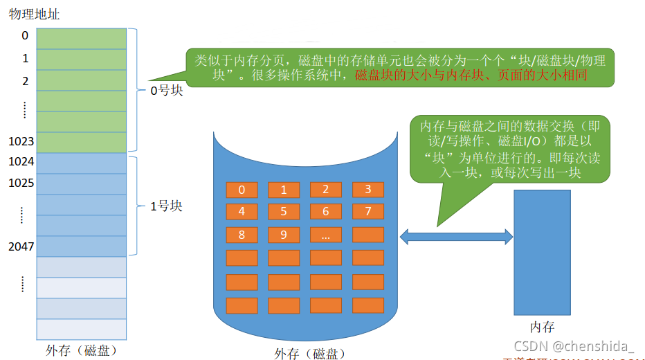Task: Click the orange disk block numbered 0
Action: [x=242, y=190]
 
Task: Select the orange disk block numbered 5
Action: [x=284, y=212]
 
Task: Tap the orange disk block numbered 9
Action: [x=284, y=235]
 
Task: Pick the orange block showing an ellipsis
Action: [x=326, y=235]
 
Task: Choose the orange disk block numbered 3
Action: [x=368, y=190]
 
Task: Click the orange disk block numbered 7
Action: [x=368, y=212]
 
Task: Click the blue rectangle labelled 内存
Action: [x=542, y=253]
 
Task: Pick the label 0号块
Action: [x=167, y=91]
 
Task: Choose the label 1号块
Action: [x=167, y=206]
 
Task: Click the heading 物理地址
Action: [x=30, y=14]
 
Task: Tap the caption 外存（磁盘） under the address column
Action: [x=80, y=350]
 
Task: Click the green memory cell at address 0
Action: [x=82, y=38]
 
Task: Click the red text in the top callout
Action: [x=471, y=75]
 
